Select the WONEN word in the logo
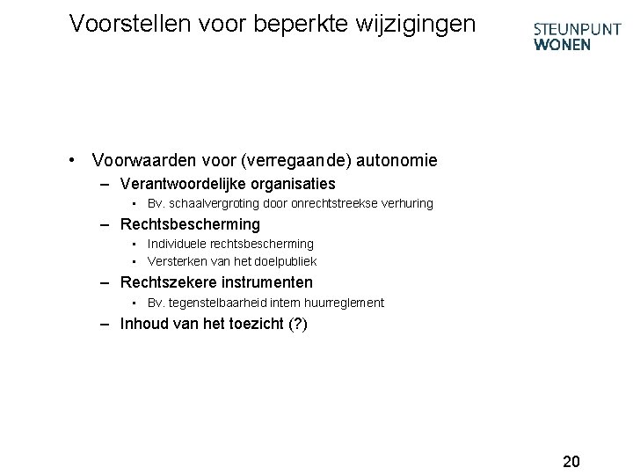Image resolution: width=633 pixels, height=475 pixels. pyautogui.click(x=563, y=44)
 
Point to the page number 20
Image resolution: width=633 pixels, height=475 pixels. pyautogui.click(x=571, y=461)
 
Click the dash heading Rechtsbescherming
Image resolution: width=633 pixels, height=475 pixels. pyautogui.click(x=190, y=224)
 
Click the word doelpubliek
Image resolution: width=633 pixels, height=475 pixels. pyautogui.click(x=283, y=261)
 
